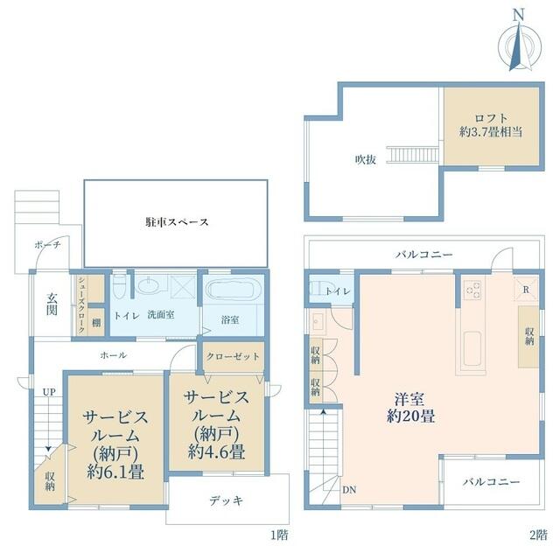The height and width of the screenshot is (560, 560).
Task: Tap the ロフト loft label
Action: click(x=491, y=118)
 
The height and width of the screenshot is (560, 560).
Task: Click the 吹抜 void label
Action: click(x=366, y=159)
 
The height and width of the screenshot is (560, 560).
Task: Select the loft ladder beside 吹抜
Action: click(x=415, y=155)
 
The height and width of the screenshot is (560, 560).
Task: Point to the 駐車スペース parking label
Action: click(x=177, y=222)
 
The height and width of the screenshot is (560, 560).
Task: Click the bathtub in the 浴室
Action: click(x=234, y=290)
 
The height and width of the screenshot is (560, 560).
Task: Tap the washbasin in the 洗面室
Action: click(x=150, y=286)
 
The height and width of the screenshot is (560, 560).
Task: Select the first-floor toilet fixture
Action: click(x=119, y=286)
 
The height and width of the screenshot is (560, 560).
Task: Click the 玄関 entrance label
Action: click(x=52, y=304)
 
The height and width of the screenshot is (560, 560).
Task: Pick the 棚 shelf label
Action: click(x=96, y=323)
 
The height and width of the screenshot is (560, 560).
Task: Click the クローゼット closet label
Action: click(x=233, y=356)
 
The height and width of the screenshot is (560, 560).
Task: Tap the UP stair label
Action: click(x=49, y=392)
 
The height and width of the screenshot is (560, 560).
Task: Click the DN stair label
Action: click(x=349, y=490)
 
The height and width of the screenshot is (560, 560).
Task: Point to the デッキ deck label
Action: click(x=227, y=500)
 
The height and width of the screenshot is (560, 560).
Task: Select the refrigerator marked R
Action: click(x=526, y=290)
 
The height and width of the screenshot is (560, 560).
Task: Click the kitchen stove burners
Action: click(x=472, y=290)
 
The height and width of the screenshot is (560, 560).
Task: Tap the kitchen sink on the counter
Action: click(x=472, y=348)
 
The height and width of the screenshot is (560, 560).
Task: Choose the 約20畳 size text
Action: click(x=410, y=416)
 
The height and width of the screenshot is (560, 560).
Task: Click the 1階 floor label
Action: click(x=279, y=535)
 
